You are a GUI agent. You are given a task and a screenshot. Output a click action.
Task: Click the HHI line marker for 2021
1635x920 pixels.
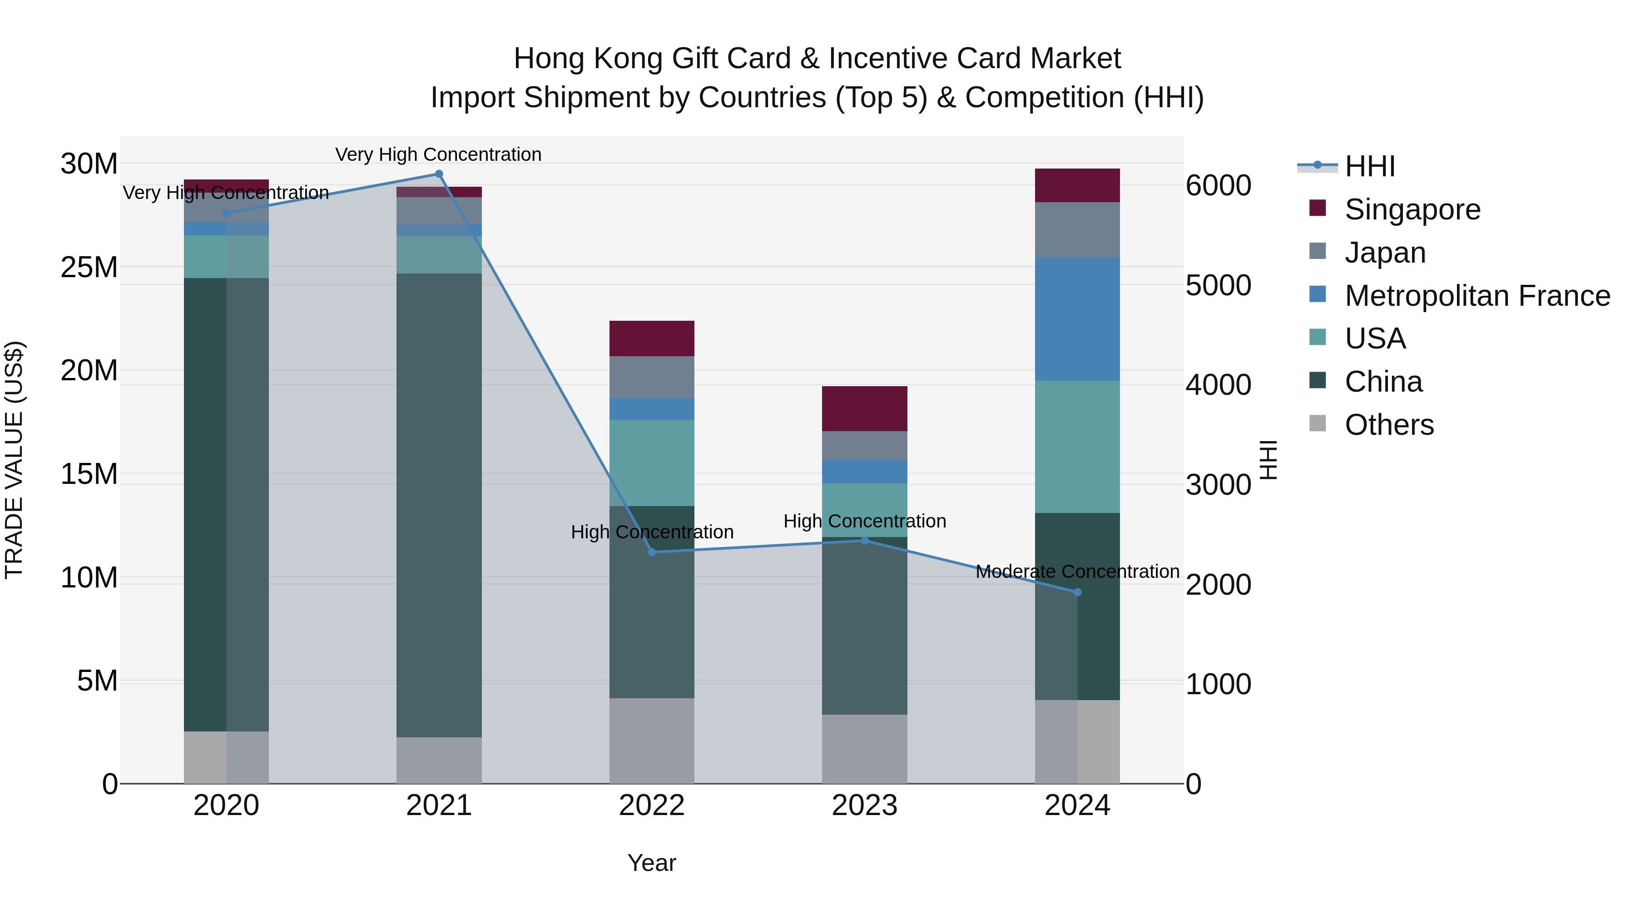coord(439,174)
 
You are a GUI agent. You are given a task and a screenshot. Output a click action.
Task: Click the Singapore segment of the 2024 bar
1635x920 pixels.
coord(1077,185)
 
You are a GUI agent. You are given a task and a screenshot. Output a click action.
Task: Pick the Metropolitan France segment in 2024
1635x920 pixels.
coord(1077,319)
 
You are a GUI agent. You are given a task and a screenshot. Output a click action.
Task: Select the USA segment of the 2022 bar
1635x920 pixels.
coord(652,462)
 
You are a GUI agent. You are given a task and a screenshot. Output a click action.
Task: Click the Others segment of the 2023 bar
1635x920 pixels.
coord(864,749)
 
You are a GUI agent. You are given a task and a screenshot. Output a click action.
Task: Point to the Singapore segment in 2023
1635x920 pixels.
coord(864,408)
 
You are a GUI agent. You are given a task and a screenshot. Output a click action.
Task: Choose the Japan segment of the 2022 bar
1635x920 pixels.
coord(652,377)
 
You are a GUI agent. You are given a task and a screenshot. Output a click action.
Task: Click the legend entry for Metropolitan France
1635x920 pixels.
coord(1477,296)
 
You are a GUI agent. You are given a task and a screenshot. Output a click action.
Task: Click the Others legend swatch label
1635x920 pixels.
coord(1389,425)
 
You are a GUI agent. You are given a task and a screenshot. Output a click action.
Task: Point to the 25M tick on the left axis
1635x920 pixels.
coord(89,267)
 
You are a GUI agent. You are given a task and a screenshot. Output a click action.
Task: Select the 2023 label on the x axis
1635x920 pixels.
coord(864,806)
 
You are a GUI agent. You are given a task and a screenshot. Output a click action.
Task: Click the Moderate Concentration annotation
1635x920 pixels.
coord(1077,572)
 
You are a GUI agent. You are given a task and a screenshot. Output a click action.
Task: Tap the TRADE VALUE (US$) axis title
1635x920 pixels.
coord(14,460)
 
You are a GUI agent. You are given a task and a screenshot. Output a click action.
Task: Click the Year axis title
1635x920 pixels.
coord(652,863)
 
